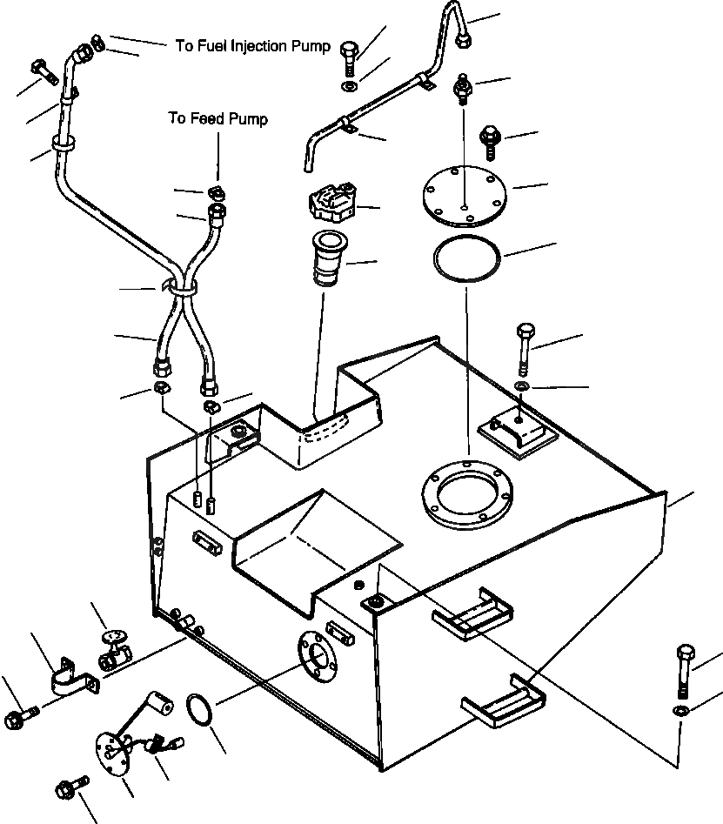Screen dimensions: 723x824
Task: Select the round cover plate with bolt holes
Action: click(465, 196)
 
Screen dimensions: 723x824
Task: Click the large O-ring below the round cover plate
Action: click(466, 258)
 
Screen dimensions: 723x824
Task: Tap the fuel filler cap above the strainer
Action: click(331, 201)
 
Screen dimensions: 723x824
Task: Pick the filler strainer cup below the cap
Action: click(330, 258)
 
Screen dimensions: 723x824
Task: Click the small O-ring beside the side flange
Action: click(199, 709)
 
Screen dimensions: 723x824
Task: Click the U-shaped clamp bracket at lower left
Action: click(75, 677)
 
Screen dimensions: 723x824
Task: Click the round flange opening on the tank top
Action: click(467, 494)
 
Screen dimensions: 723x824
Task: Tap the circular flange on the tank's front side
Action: click(317, 657)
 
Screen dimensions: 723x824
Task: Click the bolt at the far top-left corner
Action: click(45, 72)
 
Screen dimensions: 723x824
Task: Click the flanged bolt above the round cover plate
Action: click(490, 142)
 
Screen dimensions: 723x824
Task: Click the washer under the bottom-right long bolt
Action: click(681, 711)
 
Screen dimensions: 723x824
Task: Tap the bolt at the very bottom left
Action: click(71, 787)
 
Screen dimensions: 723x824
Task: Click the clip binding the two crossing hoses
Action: click(180, 288)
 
